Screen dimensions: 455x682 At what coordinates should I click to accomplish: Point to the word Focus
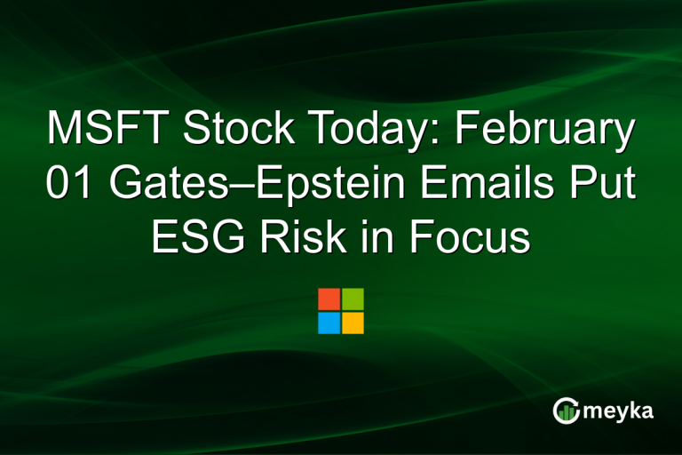click(464, 239)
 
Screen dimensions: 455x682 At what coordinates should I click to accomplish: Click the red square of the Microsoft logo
click(329, 299)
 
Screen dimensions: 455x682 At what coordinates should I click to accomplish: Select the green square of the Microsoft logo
click(353, 299)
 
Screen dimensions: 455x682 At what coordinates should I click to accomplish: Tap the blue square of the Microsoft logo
click(329, 323)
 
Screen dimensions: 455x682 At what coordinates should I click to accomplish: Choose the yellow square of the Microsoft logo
click(353, 323)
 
